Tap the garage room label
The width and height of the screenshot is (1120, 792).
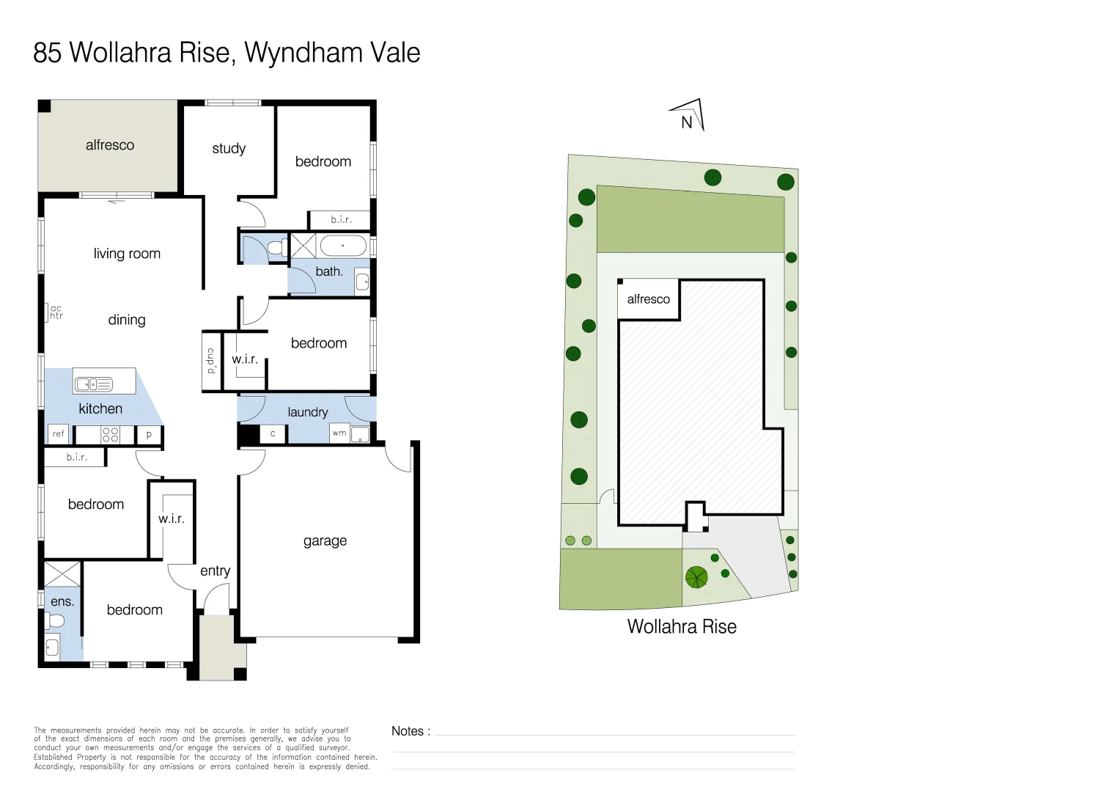coord(325,541)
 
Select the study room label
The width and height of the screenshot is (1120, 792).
coord(229,148)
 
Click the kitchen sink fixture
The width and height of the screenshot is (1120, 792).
coord(94,384)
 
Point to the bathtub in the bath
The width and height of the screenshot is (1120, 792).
coord(343,245)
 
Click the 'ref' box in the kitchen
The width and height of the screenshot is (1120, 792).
coord(59,434)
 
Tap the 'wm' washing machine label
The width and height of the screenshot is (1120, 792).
coord(339,433)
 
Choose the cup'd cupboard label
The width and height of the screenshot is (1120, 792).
coord(211,361)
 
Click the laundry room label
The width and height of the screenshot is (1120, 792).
coord(307,412)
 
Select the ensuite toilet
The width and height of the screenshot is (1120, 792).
coord(55,621)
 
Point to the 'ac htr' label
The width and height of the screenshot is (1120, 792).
coord(56,312)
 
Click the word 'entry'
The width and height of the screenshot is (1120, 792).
coord(215,571)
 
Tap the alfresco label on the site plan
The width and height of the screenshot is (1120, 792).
coord(648,299)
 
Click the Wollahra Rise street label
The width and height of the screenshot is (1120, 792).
coord(682,627)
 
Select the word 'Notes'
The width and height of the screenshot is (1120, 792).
coord(408,731)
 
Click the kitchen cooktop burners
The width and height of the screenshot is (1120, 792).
coord(110,434)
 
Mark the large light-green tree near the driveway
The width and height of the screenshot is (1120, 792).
coord(696,577)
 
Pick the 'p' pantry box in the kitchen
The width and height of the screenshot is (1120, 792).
coord(149,434)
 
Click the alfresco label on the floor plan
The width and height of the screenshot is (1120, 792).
coord(110,145)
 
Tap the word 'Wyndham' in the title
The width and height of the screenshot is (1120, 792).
coord(303,53)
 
